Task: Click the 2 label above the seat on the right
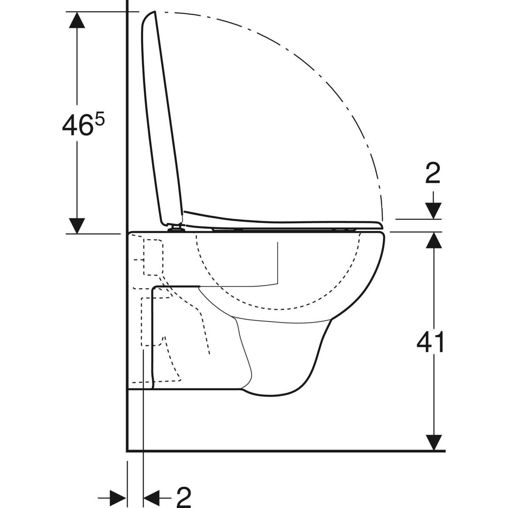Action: click(432, 174)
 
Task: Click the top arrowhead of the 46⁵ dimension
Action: click(76, 19)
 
